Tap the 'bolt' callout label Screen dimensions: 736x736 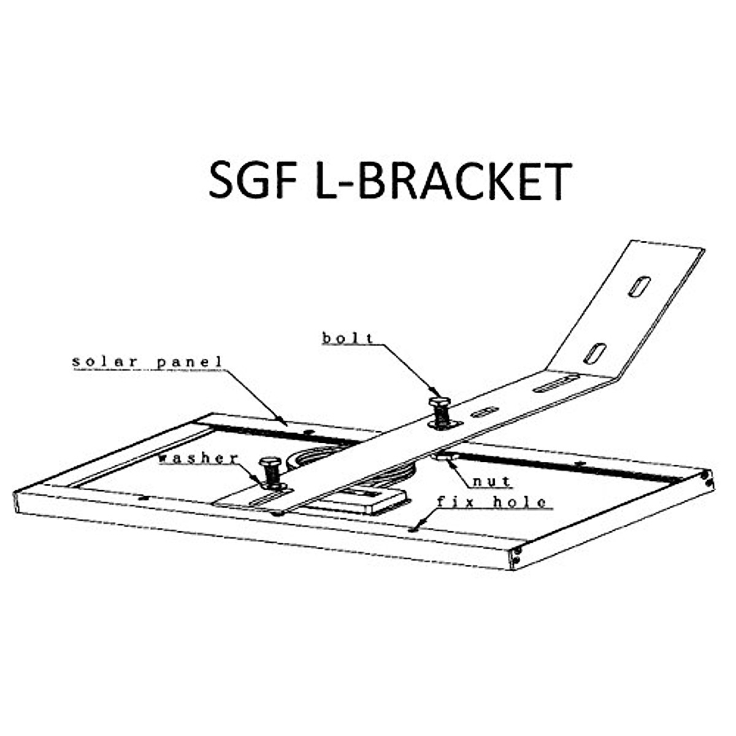click(x=348, y=338)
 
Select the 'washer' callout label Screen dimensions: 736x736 click(x=198, y=458)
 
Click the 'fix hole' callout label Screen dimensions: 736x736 click(x=491, y=502)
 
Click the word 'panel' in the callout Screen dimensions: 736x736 click(x=188, y=361)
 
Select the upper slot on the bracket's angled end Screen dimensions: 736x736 click(x=639, y=286)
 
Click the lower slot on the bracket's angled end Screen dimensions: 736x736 click(x=595, y=353)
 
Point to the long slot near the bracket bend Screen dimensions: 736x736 click(x=556, y=383)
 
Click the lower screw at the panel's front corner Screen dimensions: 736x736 click(x=518, y=561)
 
